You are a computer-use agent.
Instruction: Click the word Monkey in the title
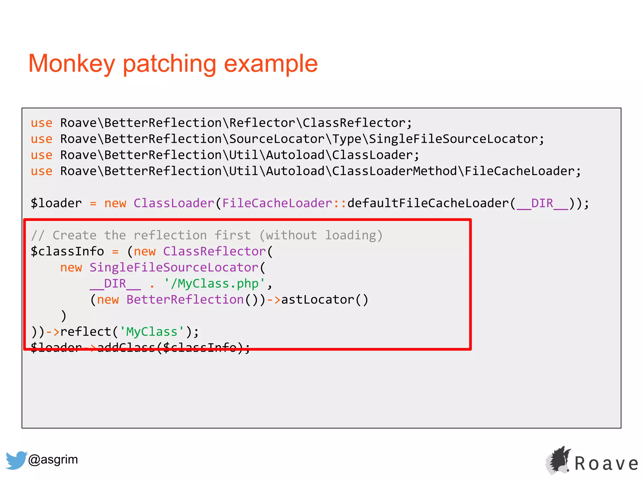72,64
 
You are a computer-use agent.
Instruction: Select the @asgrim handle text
53,459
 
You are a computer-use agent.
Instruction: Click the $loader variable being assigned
56,203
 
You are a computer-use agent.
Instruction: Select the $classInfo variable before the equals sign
67,251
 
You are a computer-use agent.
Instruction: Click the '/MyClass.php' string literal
215,284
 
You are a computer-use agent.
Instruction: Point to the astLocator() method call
325,300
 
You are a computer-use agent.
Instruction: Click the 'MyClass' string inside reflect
152,332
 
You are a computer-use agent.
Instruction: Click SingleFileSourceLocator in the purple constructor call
174,268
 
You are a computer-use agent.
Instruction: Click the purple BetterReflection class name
185,300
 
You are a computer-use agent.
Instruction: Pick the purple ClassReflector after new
214,251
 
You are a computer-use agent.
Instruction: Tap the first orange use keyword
41,123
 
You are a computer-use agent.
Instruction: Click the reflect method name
86,332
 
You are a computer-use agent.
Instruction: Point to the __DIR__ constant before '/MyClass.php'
115,284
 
